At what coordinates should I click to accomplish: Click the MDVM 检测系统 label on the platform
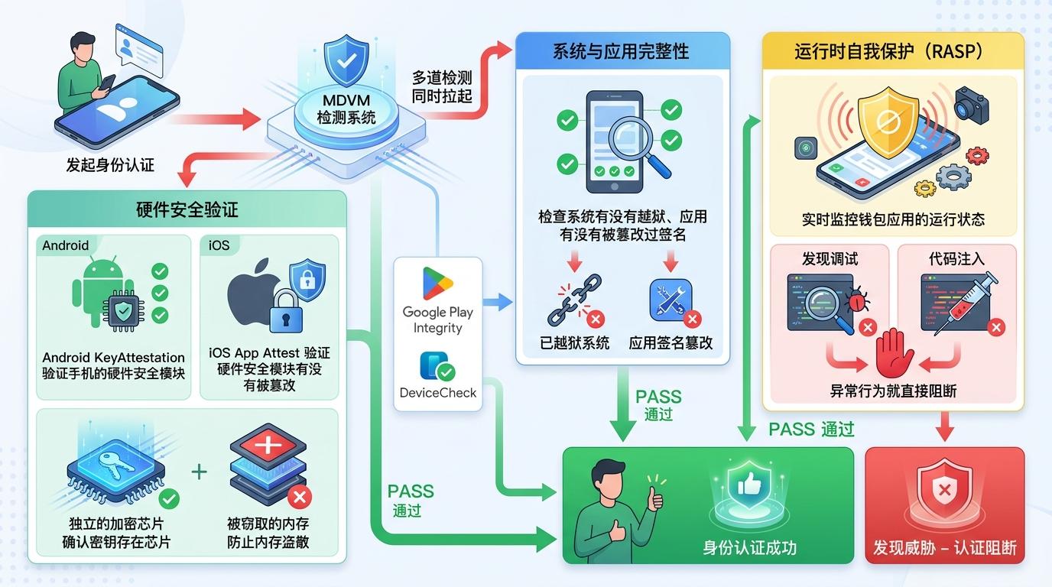click(346, 109)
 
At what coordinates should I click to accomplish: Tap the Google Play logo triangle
click(437, 284)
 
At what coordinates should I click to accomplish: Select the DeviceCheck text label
click(437, 393)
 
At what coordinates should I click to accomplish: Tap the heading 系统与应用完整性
click(621, 51)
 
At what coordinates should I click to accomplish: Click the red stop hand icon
click(893, 352)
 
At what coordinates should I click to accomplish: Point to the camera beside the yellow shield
click(972, 105)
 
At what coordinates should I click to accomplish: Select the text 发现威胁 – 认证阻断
click(945, 548)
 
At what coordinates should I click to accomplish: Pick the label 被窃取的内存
click(268, 524)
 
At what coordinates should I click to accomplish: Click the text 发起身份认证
click(110, 164)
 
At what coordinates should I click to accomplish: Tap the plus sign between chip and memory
click(199, 471)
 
